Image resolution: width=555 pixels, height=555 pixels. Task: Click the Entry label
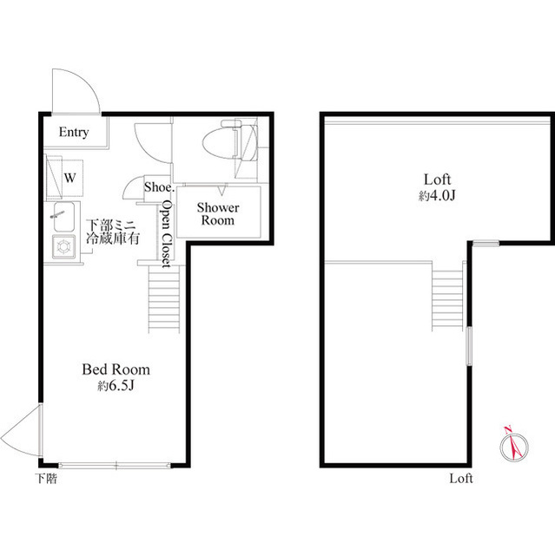[74, 133]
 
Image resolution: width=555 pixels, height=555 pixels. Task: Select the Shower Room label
[218, 214]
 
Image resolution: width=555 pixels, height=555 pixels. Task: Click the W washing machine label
[69, 178]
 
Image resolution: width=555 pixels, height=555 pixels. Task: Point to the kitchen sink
[63, 216]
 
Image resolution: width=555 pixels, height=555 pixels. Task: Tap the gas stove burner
[63, 246]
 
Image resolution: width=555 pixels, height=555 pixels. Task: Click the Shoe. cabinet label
[158, 187]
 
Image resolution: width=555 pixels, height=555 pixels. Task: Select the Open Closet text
[167, 233]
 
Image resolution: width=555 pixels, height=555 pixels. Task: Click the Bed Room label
[116, 369]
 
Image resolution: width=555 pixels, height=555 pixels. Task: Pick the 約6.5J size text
[116, 386]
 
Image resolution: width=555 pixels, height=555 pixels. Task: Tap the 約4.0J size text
[437, 195]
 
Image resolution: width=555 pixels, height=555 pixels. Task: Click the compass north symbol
[514, 446]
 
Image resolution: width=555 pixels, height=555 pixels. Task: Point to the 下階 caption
[46, 479]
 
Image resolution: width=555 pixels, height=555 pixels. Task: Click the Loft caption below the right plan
[461, 479]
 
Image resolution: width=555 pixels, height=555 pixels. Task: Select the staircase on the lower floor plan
[164, 299]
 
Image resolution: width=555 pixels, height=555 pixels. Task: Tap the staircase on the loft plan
[447, 297]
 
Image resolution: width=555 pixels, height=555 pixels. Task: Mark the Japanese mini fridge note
[113, 232]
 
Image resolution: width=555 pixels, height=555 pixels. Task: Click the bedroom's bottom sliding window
[115, 465]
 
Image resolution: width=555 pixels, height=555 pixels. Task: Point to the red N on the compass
[508, 430]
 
